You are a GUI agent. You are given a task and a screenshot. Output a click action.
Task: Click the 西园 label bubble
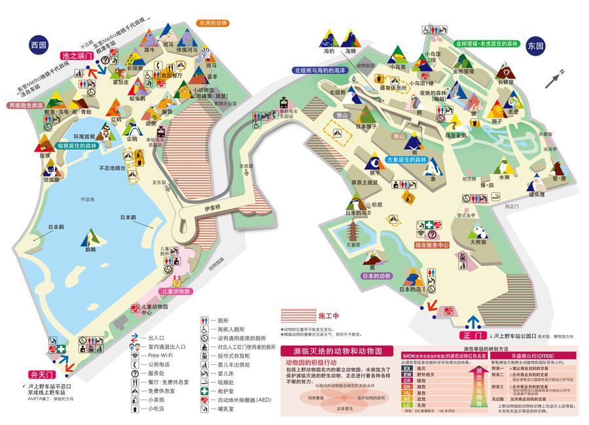pyautogui.click(x=39, y=45)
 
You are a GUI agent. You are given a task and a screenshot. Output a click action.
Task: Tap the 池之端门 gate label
pyautogui.click(x=77, y=57)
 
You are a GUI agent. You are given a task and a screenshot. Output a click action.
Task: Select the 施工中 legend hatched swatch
pyautogui.click(x=298, y=315)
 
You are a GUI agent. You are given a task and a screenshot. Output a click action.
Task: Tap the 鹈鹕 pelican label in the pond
pyautogui.click(x=90, y=249)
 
